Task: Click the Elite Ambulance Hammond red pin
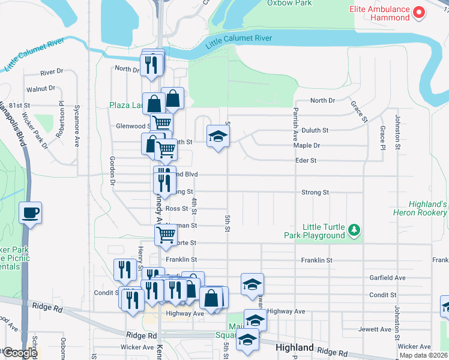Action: click(420, 11)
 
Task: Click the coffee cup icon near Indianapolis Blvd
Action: click(30, 212)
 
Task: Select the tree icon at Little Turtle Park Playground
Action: click(355, 229)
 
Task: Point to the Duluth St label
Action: click(315, 130)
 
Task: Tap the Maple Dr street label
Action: click(306, 145)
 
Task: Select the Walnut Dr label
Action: click(45, 88)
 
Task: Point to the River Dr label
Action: click(52, 72)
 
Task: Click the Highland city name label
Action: click(294, 348)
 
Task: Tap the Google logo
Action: click(20, 353)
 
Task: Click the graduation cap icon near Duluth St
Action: click(218, 136)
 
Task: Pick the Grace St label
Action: click(358, 111)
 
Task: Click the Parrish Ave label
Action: click(295, 125)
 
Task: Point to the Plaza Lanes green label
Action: click(126, 105)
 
